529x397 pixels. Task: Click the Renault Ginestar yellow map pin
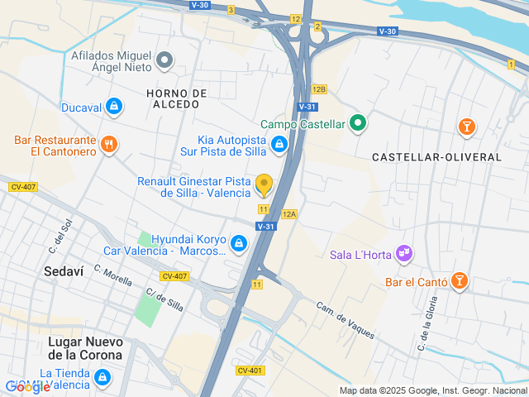tap(264, 184)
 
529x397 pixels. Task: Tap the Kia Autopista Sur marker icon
tap(279, 146)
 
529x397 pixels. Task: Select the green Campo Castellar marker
tap(357, 125)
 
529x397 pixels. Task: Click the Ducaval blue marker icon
tap(114, 107)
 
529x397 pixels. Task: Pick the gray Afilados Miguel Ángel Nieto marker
tap(164, 59)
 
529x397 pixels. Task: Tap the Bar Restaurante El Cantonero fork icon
tap(109, 146)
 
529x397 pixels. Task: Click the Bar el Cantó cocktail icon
tap(459, 282)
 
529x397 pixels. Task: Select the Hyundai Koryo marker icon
tap(239, 243)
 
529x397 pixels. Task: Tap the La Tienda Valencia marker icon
tap(102, 378)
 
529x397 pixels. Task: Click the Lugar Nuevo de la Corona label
tap(85, 348)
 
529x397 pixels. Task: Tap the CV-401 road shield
tap(250, 370)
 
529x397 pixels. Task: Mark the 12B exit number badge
tap(319, 88)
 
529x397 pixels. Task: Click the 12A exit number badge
tap(288, 213)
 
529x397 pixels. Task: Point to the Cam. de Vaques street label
tap(346, 320)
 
